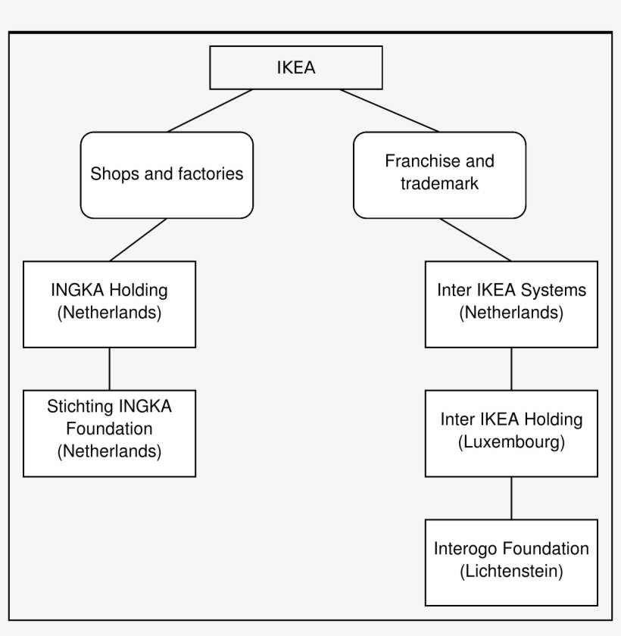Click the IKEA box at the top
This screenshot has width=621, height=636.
(295, 67)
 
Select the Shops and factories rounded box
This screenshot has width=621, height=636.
(167, 174)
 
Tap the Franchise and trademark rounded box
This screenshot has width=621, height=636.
(439, 174)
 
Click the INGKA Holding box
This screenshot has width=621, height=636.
(109, 304)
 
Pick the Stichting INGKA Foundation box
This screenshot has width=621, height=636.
(109, 432)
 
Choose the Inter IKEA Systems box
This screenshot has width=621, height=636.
(511, 304)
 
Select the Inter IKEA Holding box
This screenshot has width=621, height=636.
(511, 432)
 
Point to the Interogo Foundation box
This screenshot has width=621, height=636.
(511, 561)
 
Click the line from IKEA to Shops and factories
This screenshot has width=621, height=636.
(211, 111)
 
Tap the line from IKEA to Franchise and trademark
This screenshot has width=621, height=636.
(389, 111)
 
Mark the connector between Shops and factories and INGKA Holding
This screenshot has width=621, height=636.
(138, 240)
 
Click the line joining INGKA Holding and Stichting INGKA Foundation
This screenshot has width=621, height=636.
(110, 369)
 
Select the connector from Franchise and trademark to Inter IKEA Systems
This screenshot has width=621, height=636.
(475, 240)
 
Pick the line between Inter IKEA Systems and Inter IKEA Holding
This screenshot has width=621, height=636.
(511, 369)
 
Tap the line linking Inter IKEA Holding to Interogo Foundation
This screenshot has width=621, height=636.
(511, 497)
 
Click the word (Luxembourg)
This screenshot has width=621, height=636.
(511, 443)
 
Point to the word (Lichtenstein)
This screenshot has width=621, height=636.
(511, 572)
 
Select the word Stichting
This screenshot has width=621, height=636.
(78, 407)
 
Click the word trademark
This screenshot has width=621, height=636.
(439, 184)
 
